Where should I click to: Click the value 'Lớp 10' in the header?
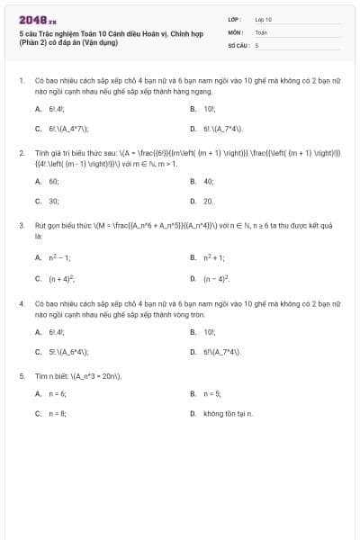point(263,18)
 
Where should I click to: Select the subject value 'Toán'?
point(261,31)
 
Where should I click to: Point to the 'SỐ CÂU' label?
point(238,44)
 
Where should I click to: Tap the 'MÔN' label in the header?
point(237,31)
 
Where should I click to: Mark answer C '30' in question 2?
point(53,202)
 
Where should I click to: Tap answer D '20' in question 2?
point(208,202)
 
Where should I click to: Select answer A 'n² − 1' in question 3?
point(58,256)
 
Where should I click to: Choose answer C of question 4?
point(67,352)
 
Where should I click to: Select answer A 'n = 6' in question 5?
point(58,393)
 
